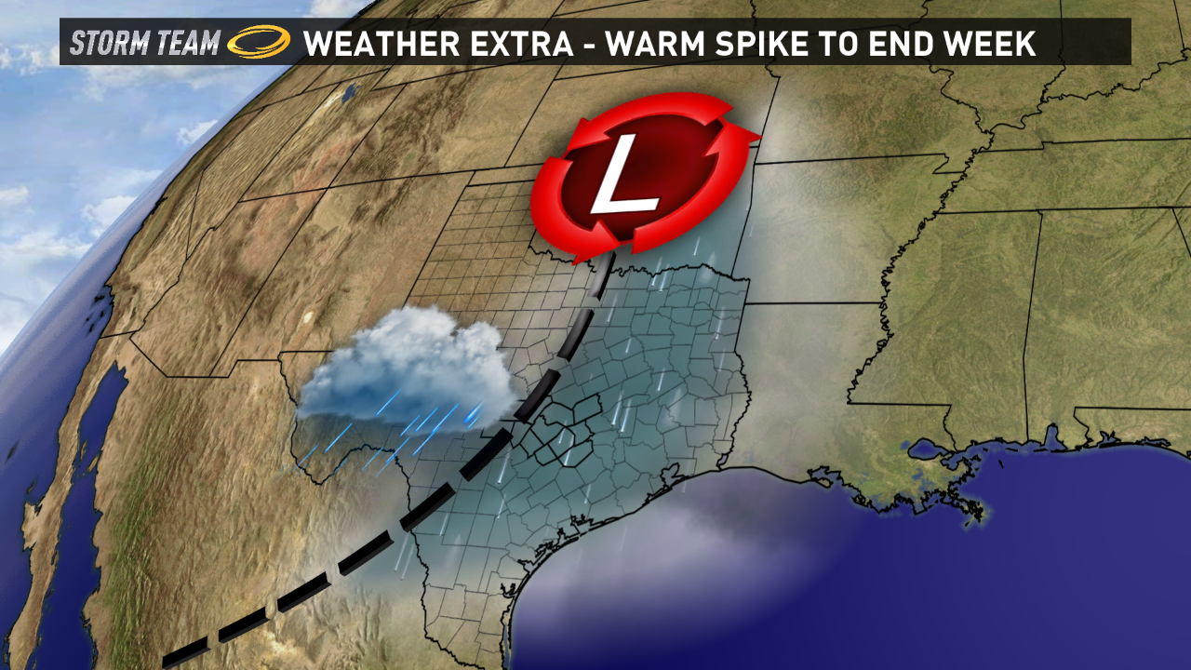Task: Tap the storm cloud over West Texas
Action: (409, 368)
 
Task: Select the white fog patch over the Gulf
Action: (670, 549)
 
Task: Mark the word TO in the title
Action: (851, 43)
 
